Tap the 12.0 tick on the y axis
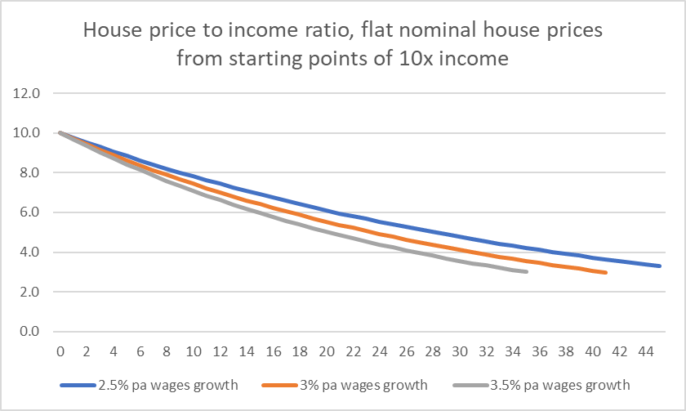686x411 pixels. tap(26, 93)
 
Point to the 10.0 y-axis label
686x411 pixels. tap(26, 132)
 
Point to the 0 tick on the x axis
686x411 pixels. tap(60, 351)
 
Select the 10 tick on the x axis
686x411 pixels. tap(193, 351)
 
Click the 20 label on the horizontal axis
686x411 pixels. tap(326, 351)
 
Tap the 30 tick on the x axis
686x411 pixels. tap(459, 351)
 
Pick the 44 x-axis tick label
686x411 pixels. tap(646, 351)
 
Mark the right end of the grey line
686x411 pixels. tap(527, 271)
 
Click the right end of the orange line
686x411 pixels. tap(606, 273)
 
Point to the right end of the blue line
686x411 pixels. tap(660, 266)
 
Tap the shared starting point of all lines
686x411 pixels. tap(60, 132)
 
